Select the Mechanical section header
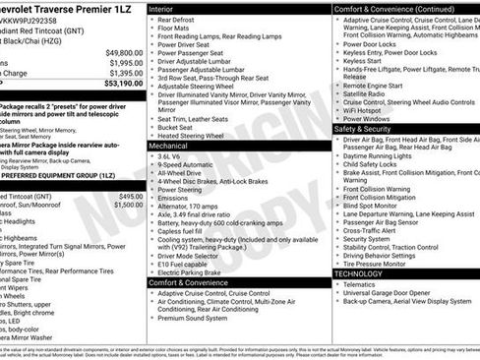click(173, 145)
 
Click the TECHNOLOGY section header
click(362, 273)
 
